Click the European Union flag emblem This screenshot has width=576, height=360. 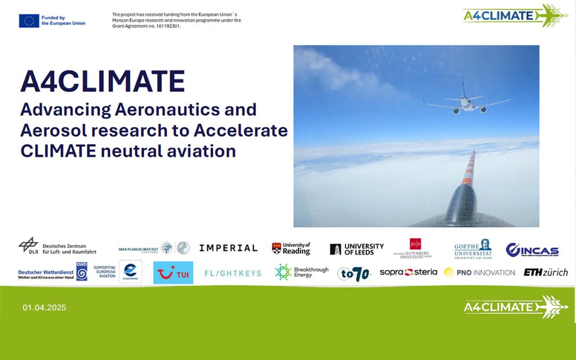pyautogui.click(x=29, y=21)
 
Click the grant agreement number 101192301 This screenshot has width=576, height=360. pyautogui.click(x=166, y=26)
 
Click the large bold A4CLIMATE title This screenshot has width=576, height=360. pyautogui.click(x=102, y=82)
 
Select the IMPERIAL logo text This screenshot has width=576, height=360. pyautogui.click(x=228, y=248)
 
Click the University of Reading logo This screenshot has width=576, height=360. pyautogui.click(x=291, y=248)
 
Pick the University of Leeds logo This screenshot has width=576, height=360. pyautogui.click(x=357, y=249)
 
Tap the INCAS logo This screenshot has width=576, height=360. pyautogui.click(x=532, y=250)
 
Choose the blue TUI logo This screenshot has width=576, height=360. pyautogui.click(x=173, y=273)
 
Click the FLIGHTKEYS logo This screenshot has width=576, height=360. pyautogui.click(x=233, y=273)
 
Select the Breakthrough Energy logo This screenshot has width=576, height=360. pyautogui.click(x=302, y=272)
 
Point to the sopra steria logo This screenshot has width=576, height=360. pyautogui.click(x=408, y=272)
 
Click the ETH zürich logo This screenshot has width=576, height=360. pyautogui.click(x=545, y=272)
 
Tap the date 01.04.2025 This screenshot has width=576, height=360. pyautogui.click(x=44, y=308)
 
